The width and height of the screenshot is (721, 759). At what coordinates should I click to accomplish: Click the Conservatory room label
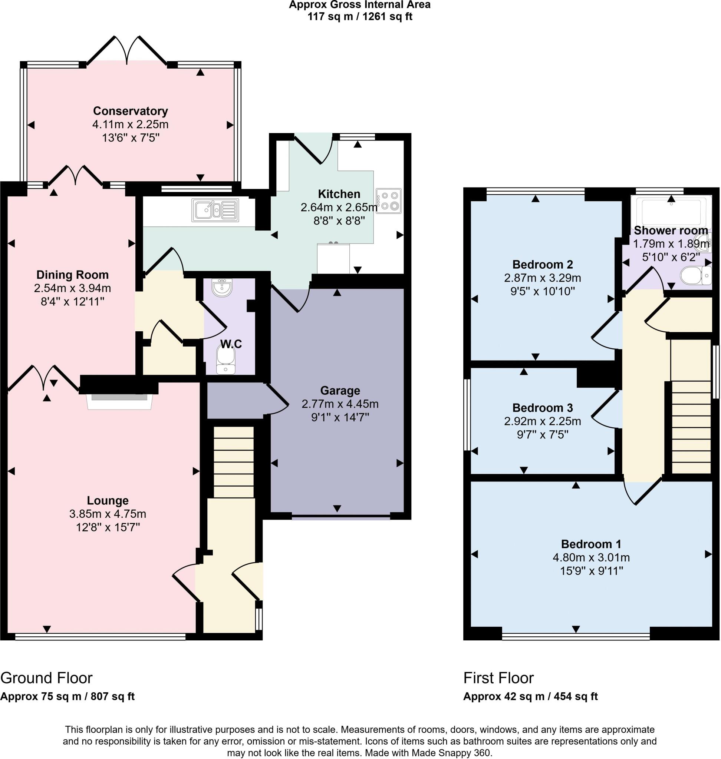(130, 111)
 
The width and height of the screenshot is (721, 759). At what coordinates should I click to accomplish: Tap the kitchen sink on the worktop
(215, 210)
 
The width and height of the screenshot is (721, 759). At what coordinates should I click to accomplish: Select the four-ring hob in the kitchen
(389, 200)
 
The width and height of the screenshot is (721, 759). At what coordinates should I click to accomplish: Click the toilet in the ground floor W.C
(225, 358)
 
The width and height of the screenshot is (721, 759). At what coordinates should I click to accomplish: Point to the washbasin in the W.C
(222, 288)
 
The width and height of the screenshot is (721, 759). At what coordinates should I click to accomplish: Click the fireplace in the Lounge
(119, 401)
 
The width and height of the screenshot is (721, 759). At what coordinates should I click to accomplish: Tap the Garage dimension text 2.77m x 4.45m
(340, 404)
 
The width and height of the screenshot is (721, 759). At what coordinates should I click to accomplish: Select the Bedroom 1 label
(591, 544)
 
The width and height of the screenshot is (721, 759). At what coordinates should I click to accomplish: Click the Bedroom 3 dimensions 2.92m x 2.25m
(542, 421)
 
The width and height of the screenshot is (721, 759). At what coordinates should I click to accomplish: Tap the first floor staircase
(691, 426)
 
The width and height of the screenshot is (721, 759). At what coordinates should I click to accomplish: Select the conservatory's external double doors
(127, 50)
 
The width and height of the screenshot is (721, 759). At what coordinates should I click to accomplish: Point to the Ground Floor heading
(46, 678)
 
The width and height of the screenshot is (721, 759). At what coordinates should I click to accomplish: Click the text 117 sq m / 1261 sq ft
(360, 17)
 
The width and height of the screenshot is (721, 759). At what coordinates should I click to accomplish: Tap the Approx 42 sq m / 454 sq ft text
(530, 696)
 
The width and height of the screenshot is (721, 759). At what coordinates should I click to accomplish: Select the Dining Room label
(72, 275)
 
